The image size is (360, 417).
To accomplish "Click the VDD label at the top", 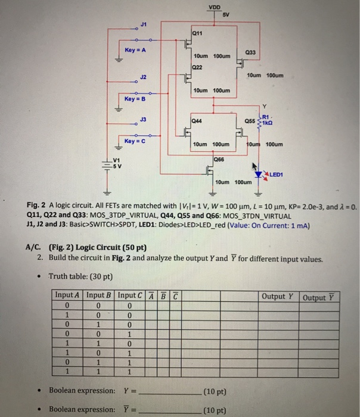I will pos(213,7).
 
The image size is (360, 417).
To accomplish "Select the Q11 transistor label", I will pos(197,34).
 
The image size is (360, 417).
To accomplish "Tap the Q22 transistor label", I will pos(197,67).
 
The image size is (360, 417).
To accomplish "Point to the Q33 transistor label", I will pos(249,53).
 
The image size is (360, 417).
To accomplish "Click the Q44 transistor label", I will pos(197,120).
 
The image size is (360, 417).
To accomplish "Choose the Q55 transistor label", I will pos(250,120).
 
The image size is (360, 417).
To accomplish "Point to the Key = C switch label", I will pos(135,140).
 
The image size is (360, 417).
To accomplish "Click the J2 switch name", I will pos(143,77).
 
